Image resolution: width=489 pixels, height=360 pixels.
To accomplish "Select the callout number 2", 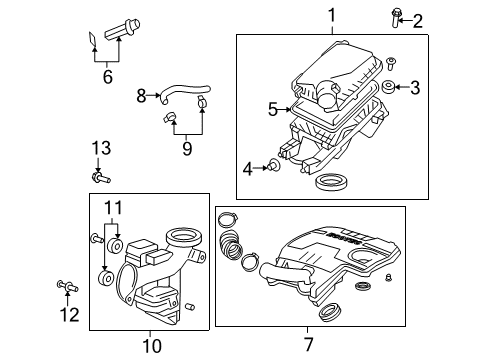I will pyautogui.click(x=418, y=19).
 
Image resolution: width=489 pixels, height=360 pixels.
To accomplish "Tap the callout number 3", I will pyautogui.click(x=415, y=88).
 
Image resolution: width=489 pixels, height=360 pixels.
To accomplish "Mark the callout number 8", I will pyautogui.click(x=141, y=96).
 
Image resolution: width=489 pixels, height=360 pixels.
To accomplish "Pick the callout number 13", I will pyautogui.click(x=98, y=148).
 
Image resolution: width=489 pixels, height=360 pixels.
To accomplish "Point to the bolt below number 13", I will pyautogui.click(x=101, y=178).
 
